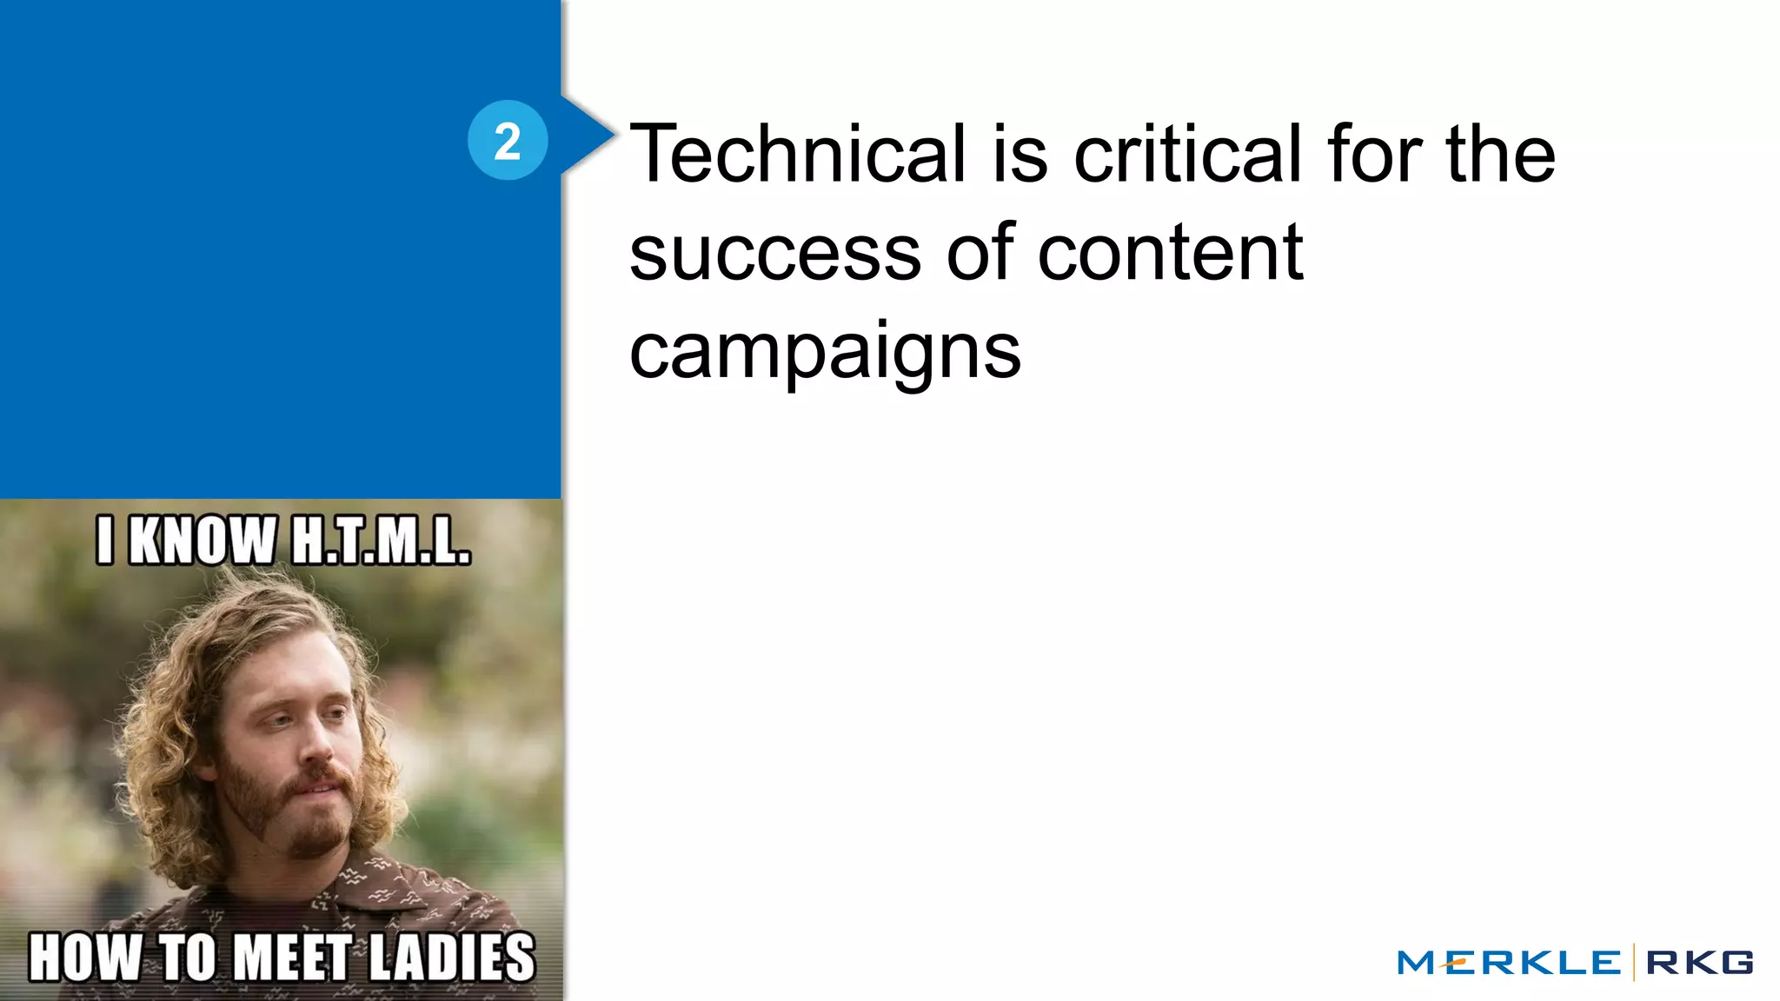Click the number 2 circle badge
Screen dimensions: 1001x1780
(508, 140)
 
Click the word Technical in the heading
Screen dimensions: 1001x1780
(797, 154)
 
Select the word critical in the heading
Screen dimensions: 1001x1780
(1187, 154)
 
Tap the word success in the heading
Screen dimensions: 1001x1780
(774, 254)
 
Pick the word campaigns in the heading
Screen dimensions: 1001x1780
(825, 352)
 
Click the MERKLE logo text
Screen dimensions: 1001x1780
(1509, 963)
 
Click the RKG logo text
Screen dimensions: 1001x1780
(1699, 963)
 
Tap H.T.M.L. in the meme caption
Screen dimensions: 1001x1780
(381, 540)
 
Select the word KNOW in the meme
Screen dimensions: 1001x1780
(203, 540)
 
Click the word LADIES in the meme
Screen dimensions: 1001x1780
(452, 958)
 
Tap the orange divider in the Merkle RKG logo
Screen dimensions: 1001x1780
(1634, 962)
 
